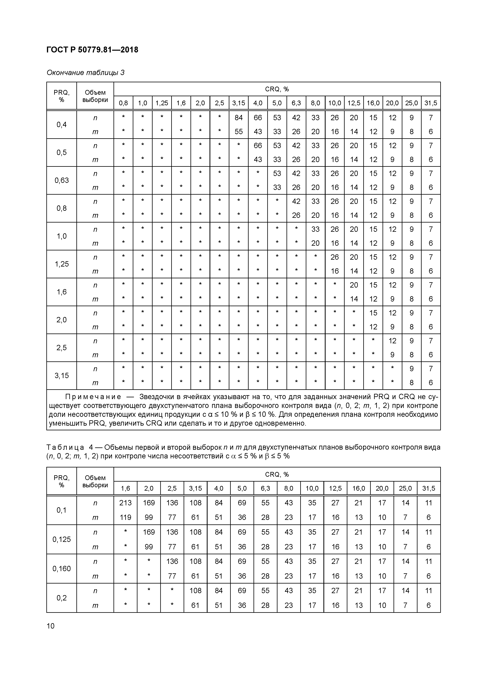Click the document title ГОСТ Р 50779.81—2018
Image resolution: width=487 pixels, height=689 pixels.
[x=92, y=50]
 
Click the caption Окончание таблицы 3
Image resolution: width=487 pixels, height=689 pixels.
[x=85, y=73]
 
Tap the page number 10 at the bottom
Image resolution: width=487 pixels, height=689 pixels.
[x=51, y=626]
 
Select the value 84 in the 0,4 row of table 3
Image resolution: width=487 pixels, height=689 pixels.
[x=239, y=118]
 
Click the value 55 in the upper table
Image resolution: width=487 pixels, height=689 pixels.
[x=239, y=131]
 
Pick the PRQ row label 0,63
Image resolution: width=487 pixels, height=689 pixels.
[x=61, y=180]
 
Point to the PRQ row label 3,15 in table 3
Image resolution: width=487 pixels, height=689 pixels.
[x=61, y=375]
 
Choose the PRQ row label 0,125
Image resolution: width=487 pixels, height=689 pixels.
[x=61, y=539]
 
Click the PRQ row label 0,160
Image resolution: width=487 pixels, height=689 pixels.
[x=61, y=568]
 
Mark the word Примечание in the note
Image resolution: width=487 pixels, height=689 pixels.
[x=93, y=397]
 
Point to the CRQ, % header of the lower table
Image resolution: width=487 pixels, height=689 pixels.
[x=277, y=475]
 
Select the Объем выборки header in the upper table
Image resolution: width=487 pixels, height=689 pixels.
[x=95, y=96]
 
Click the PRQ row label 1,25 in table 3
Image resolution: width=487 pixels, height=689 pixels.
[x=61, y=264]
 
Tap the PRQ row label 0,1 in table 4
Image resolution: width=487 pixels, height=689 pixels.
[x=61, y=510]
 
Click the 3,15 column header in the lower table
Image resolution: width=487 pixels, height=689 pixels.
[x=195, y=488]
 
